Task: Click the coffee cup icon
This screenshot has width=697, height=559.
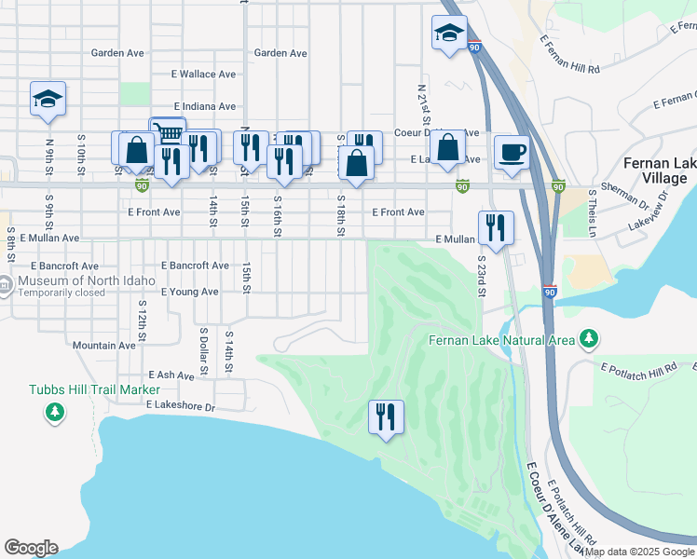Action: click(512, 151)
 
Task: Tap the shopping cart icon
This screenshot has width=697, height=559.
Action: click(169, 132)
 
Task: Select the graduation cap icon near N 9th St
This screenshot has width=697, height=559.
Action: click(48, 101)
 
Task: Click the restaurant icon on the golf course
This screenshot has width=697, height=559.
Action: click(386, 416)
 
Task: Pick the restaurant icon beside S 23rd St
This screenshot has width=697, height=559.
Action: click(495, 228)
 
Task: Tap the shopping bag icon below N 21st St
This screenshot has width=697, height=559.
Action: click(448, 147)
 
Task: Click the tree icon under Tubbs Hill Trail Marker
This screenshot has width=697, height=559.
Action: click(55, 411)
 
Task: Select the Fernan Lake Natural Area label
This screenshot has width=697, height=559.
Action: click(502, 340)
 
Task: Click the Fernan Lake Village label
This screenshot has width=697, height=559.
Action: click(663, 171)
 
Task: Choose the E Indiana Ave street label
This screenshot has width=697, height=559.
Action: click(204, 107)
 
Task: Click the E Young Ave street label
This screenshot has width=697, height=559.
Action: click(189, 292)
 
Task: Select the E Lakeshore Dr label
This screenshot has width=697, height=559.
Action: click(181, 406)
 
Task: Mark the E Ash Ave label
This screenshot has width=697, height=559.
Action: click(169, 375)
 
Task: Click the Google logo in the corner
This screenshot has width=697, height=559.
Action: click(31, 548)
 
